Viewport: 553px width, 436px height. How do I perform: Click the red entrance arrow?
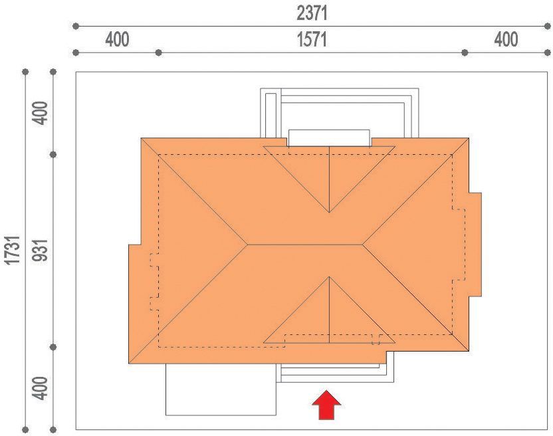[326, 405]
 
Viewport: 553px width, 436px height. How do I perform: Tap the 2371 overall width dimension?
[312, 13]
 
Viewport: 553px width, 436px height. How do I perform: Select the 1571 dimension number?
[312, 39]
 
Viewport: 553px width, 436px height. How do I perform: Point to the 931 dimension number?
[39, 250]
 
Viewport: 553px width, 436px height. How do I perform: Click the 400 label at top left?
[117, 39]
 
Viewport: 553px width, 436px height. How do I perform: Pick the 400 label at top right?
[506, 39]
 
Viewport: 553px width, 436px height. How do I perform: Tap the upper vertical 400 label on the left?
[40, 113]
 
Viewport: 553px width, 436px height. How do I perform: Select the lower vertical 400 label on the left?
[40, 388]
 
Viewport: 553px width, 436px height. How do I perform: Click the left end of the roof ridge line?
[247, 245]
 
